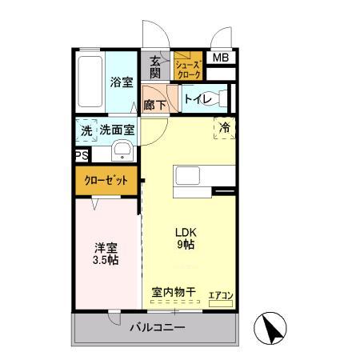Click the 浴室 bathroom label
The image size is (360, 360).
tap(122, 81)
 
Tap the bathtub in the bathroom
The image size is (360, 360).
tap(90, 83)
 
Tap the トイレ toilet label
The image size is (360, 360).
tap(197, 99)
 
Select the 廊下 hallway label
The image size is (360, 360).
tap(155, 104)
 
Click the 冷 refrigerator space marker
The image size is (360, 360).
tap(225, 127)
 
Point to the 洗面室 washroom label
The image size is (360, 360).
tap(118, 130)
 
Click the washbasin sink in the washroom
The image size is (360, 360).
tap(122, 151)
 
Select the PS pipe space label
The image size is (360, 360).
tap(81, 156)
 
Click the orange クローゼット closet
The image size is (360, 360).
tap(107, 181)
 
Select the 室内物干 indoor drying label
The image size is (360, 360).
tap(174, 293)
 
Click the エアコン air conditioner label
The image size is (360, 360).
tap(220, 296)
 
